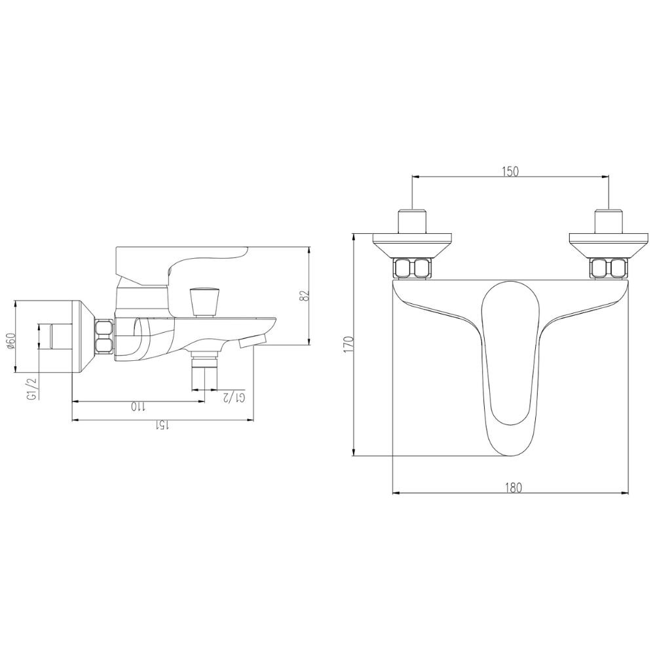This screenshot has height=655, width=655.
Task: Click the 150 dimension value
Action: [510, 172]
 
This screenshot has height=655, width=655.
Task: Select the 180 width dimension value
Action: [514, 487]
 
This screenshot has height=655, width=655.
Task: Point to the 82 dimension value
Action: [302, 296]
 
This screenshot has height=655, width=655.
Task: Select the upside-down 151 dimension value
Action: [162, 426]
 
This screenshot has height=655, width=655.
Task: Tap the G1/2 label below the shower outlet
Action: [234, 398]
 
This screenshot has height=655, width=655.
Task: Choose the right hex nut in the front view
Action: [609, 268]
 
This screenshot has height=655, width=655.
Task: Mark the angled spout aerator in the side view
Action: [252, 340]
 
